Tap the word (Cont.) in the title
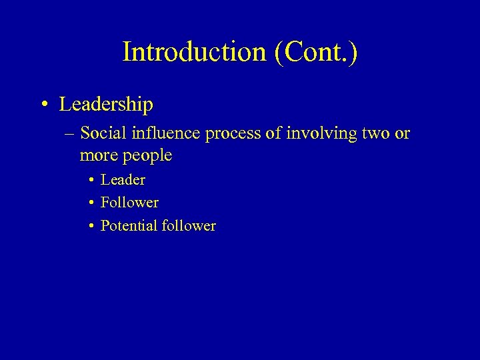315,52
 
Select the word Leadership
106,105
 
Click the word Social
103,133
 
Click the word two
375,134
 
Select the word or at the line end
403,134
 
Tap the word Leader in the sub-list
123,179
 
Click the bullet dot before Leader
91,180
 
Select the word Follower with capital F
129,202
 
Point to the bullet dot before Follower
91,203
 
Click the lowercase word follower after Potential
189,225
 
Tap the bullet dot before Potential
91,226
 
